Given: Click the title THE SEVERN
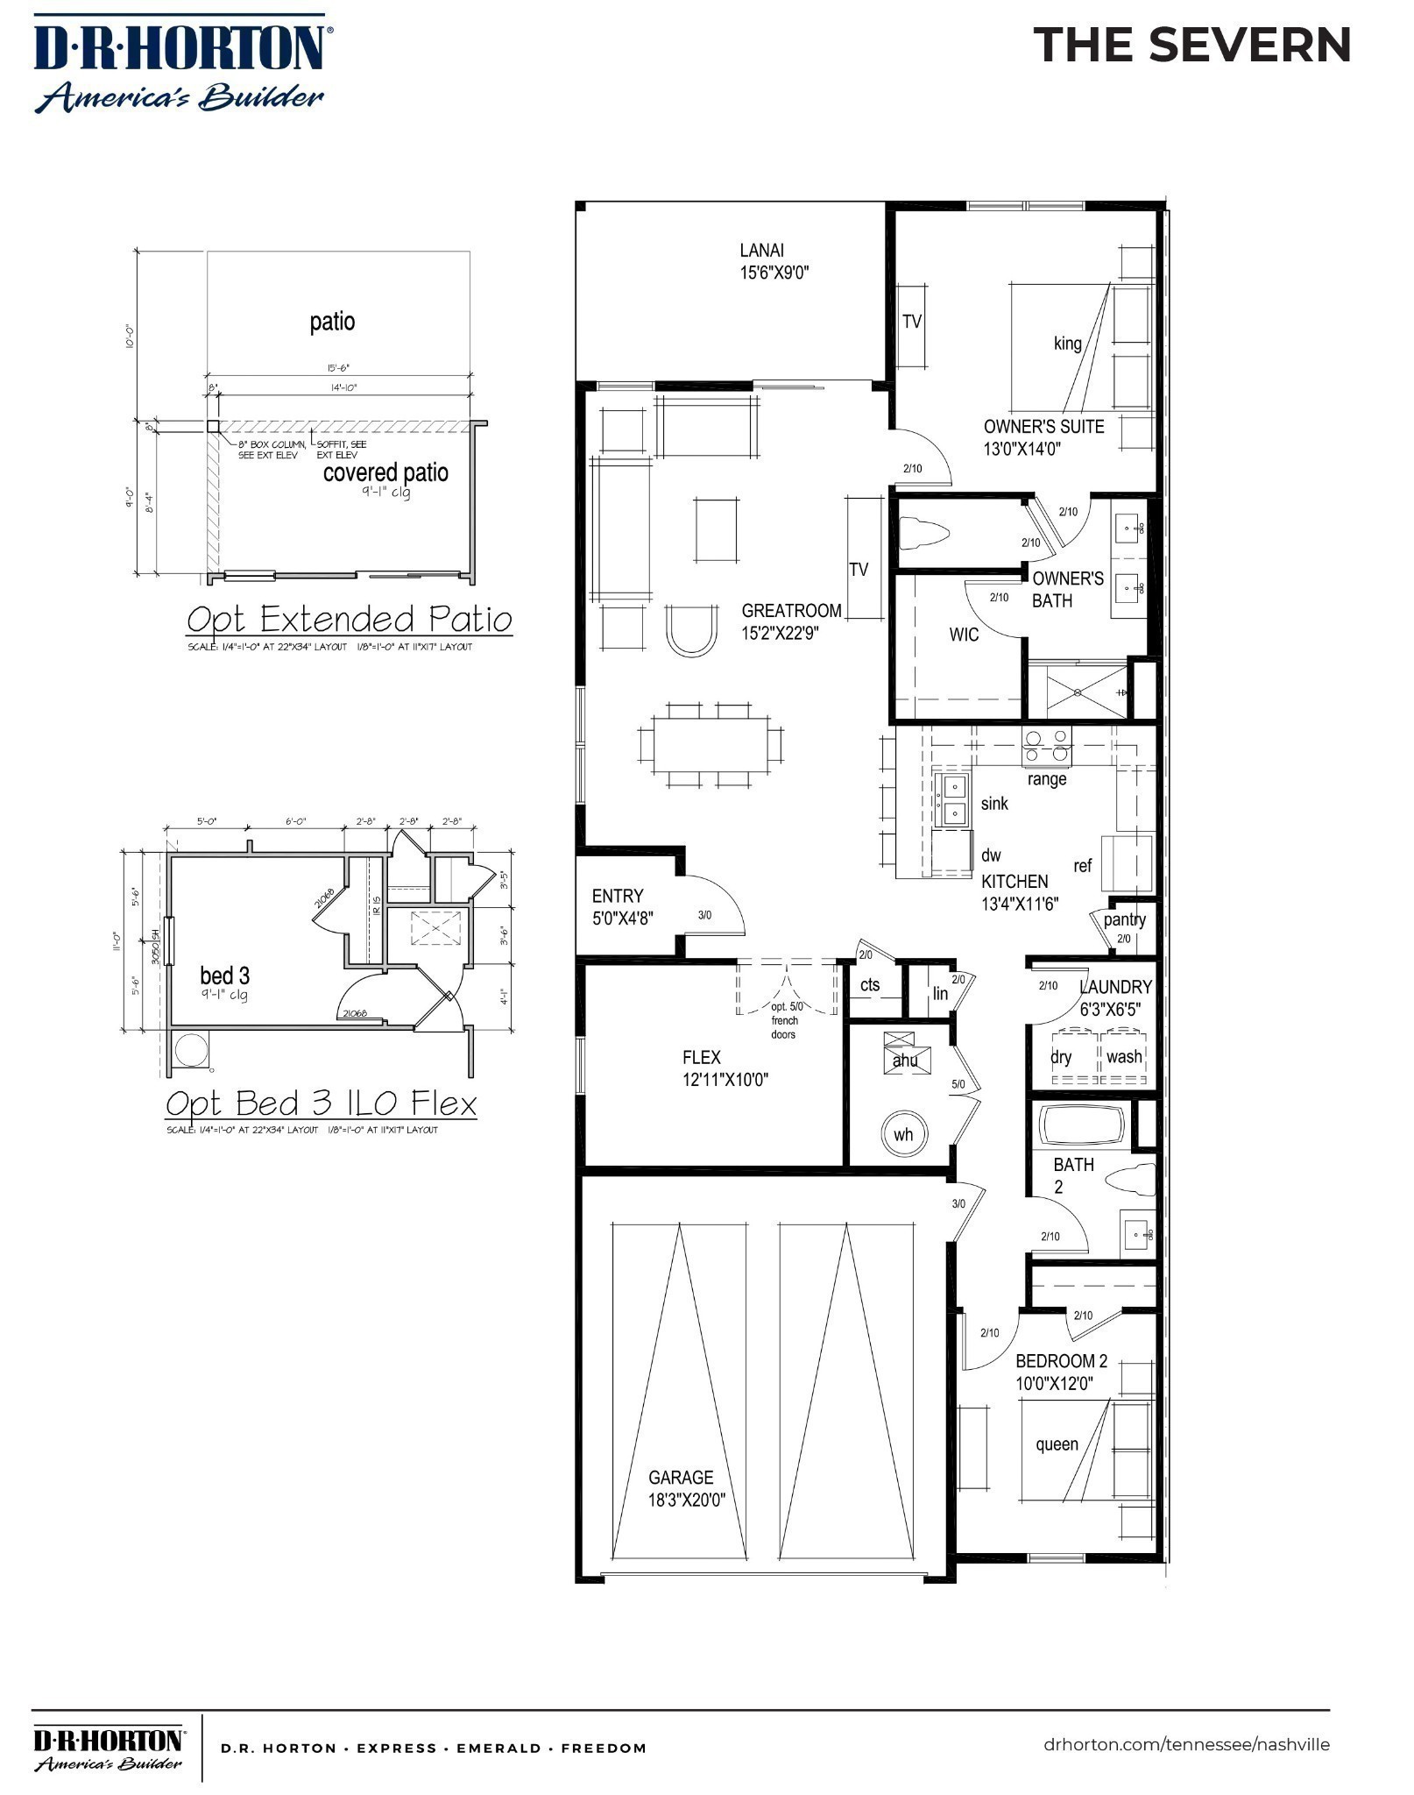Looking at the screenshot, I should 1192,45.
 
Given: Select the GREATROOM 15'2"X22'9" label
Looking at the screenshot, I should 791,621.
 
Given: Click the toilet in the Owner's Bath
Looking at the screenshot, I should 928,534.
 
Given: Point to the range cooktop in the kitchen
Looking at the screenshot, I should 1047,746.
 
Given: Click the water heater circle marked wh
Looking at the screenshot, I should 903,1134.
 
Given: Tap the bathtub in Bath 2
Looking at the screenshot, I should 1082,1125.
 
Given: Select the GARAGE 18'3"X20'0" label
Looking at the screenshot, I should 687,1488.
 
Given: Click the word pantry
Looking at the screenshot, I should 1124,919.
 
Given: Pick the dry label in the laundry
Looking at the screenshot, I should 1061,1057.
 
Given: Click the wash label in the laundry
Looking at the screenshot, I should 1124,1057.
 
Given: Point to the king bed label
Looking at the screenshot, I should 1067,344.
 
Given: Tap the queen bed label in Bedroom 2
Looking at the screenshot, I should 1057,1444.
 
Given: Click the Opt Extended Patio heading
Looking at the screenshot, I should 349,620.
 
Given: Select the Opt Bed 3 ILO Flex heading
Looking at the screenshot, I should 321,1103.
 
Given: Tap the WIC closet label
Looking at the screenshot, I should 964,635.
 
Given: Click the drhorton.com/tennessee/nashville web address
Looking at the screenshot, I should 1186,1744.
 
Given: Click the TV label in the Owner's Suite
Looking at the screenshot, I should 912,322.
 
